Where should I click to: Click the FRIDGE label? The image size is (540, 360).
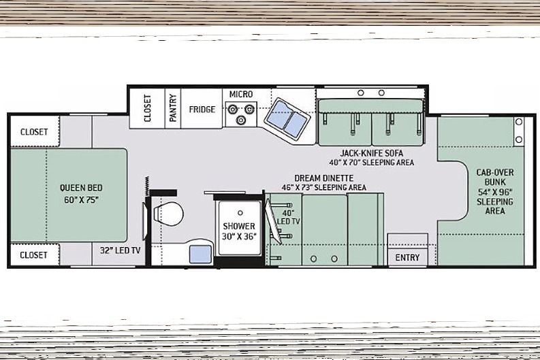coord(202,110)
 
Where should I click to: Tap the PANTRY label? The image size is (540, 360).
coord(172,108)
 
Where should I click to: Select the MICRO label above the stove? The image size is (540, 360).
coord(241,95)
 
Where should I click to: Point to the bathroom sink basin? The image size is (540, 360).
coord(200,255)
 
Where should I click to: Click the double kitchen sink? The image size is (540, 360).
coord(287,118)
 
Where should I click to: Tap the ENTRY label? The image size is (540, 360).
coord(407,257)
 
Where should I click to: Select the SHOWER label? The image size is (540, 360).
coord(239,227)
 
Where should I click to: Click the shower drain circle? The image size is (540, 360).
coord(240,213)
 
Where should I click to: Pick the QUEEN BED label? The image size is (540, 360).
coord(81,188)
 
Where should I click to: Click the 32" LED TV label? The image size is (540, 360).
coord(121,250)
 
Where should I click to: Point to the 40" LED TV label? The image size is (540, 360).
coord(289,217)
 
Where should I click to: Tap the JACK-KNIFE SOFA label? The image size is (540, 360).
coord(372,153)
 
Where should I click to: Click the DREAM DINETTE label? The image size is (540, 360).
coord(323,178)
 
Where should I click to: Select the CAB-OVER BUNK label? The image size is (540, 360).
coord(495,177)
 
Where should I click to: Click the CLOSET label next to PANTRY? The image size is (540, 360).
coord(147,108)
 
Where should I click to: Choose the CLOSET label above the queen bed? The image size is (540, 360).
coord(34,132)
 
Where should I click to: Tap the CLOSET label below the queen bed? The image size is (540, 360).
coord(34,255)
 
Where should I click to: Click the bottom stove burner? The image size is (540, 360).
coord(241,120)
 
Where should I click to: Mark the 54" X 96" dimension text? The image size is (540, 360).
coord(495,192)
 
